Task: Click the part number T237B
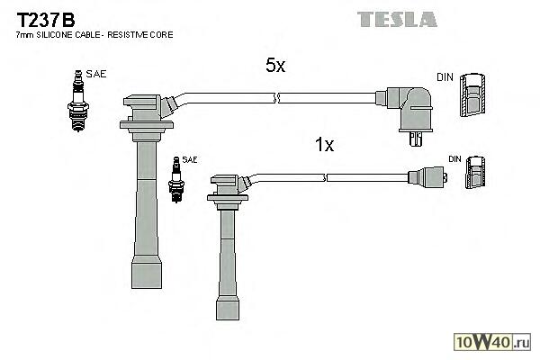point(44,17)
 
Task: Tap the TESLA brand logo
point(396,18)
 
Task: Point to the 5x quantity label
point(275,66)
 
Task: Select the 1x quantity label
point(324,144)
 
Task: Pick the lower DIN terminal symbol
point(477,173)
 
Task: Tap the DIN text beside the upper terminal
point(445,77)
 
